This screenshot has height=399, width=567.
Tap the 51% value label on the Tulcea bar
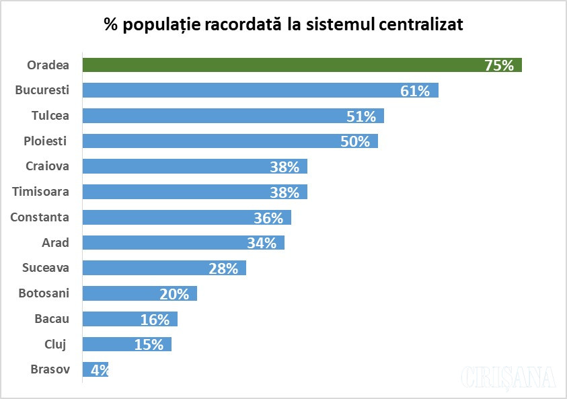(x=361, y=116)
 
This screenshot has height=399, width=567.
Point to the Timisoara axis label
(x=41, y=192)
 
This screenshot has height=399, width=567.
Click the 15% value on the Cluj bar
(x=149, y=344)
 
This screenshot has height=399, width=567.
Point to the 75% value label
(x=499, y=65)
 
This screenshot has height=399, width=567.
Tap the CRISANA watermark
(x=509, y=377)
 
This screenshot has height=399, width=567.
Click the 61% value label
(x=415, y=91)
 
